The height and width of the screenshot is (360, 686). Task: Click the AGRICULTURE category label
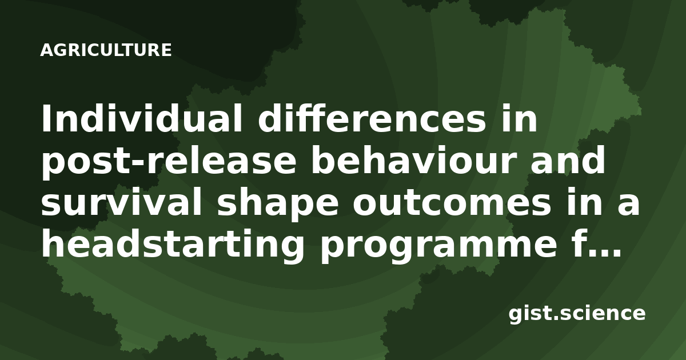(106, 50)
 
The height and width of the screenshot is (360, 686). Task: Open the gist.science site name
(577, 314)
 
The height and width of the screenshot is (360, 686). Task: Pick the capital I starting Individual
(46, 118)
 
